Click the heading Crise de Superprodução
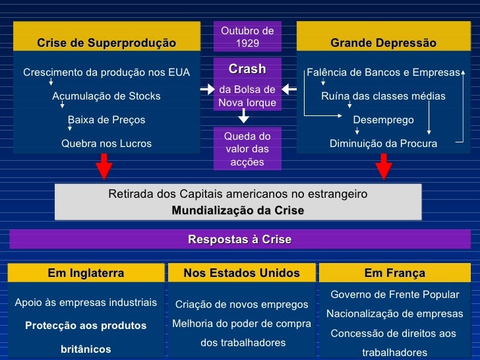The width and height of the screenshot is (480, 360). pyautogui.click(x=106, y=43)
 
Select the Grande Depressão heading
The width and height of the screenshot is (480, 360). pyautogui.click(x=383, y=43)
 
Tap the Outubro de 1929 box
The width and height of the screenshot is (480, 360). pyautogui.click(x=247, y=37)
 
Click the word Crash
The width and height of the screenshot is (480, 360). pyautogui.click(x=247, y=69)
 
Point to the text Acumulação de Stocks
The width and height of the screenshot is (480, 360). pyautogui.click(x=106, y=96)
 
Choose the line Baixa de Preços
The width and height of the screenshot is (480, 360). pyautogui.click(x=106, y=120)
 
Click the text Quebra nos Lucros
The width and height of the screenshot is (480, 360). pyautogui.click(x=106, y=143)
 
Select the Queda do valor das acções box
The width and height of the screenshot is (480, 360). pyautogui.click(x=247, y=148)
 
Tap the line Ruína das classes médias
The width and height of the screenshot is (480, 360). pyautogui.click(x=383, y=96)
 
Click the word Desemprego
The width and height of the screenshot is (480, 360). pyautogui.click(x=383, y=120)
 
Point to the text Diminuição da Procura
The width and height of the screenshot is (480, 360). pyautogui.click(x=383, y=143)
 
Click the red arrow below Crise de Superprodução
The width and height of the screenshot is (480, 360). pyautogui.click(x=104, y=166)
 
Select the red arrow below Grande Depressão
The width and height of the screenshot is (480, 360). pyautogui.click(x=383, y=166)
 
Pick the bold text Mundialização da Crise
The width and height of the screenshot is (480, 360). pyautogui.click(x=238, y=211)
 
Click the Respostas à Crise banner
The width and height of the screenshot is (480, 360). pyautogui.click(x=239, y=239)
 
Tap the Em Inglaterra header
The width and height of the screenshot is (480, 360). pyautogui.click(x=86, y=273)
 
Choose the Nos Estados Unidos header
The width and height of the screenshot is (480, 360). pyautogui.click(x=241, y=273)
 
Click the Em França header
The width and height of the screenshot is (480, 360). pyautogui.click(x=394, y=273)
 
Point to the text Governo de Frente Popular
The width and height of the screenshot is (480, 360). pyautogui.click(x=394, y=295)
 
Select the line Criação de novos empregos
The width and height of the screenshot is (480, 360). pyautogui.click(x=241, y=305)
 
